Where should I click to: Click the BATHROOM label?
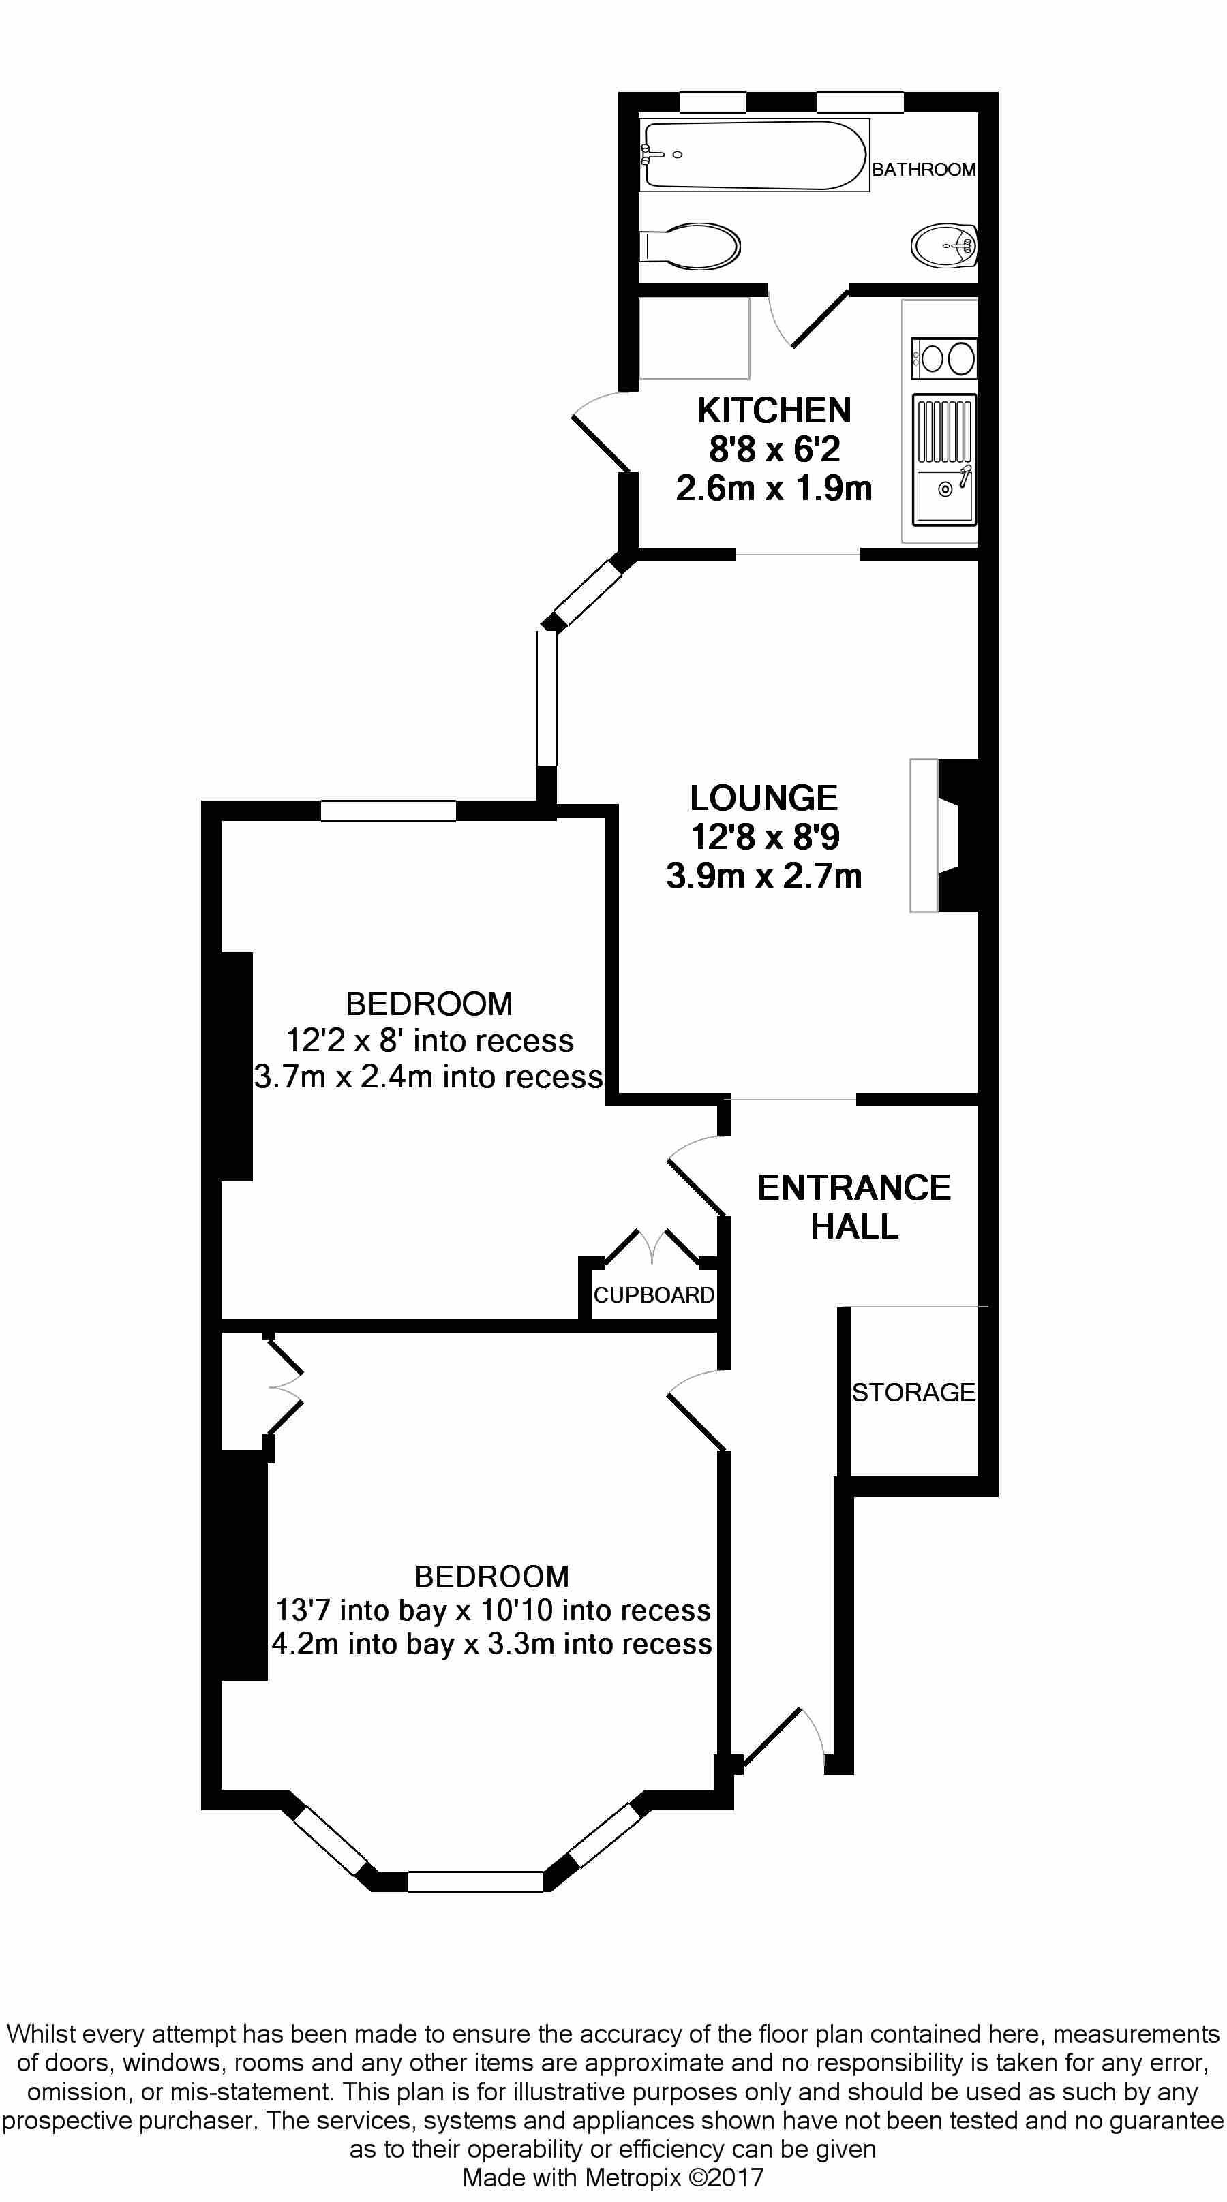point(924,169)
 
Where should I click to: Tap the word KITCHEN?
point(774,411)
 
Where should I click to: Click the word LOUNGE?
point(763,798)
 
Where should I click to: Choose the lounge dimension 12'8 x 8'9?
point(764,837)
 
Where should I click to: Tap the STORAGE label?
point(913,1393)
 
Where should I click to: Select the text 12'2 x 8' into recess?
point(429,1041)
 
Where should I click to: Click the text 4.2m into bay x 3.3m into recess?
point(491,1644)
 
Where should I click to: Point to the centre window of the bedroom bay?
point(475,1882)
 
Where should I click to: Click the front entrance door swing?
point(783,1735)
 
